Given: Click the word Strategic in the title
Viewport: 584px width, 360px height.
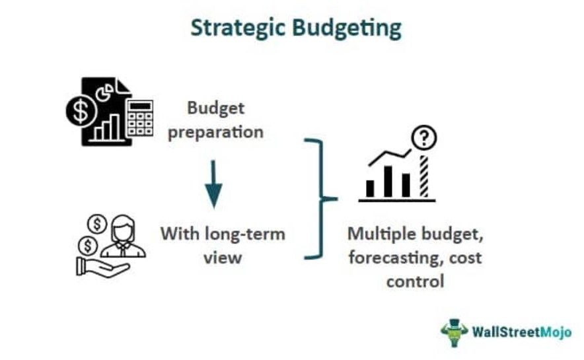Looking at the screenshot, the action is pos(238,28).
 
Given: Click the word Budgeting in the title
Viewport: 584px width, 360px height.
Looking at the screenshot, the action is pos(347,28).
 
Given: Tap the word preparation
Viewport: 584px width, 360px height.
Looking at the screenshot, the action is pos(215,133).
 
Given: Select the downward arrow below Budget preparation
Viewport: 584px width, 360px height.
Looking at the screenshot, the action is pos(213,184).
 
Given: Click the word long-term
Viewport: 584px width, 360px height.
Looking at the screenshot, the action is pos(245,234).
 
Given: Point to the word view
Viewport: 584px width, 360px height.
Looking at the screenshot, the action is pos(223,258).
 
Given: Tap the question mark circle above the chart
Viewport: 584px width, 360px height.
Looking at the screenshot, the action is pos(424,137).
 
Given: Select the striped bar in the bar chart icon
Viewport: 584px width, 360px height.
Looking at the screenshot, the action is pos(424,176).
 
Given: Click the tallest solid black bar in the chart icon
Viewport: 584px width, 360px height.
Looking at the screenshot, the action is pos(388,181).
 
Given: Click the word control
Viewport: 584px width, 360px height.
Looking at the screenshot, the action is pos(416,281).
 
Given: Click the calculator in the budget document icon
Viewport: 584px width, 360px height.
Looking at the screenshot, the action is pos(139,118).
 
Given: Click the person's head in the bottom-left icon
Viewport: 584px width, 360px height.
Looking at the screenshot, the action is pos(122,229).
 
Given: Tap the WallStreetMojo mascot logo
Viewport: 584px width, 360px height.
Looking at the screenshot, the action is pos(454,332).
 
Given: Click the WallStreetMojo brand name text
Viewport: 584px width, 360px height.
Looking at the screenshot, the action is pos(522,332).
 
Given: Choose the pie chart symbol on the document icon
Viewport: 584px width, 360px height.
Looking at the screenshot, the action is pos(104,92).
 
